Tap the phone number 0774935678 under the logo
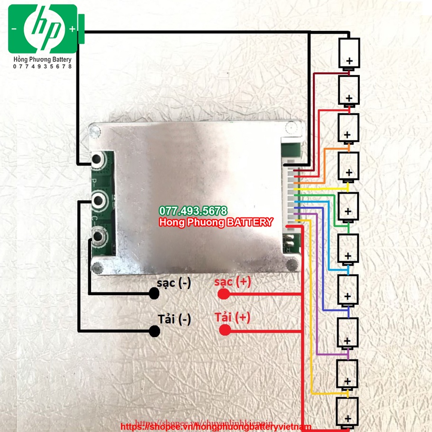click(x=43, y=66)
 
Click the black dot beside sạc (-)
click(x=154, y=294)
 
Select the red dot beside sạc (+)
click(x=223, y=294)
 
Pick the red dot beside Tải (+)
click(x=225, y=330)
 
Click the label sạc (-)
click(x=174, y=283)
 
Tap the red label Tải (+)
click(x=232, y=318)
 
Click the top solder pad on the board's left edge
click(x=99, y=160)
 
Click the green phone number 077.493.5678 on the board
click(x=193, y=211)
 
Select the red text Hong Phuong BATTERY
click(x=216, y=222)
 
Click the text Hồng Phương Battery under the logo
click(x=43, y=59)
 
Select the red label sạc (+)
click(x=232, y=282)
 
